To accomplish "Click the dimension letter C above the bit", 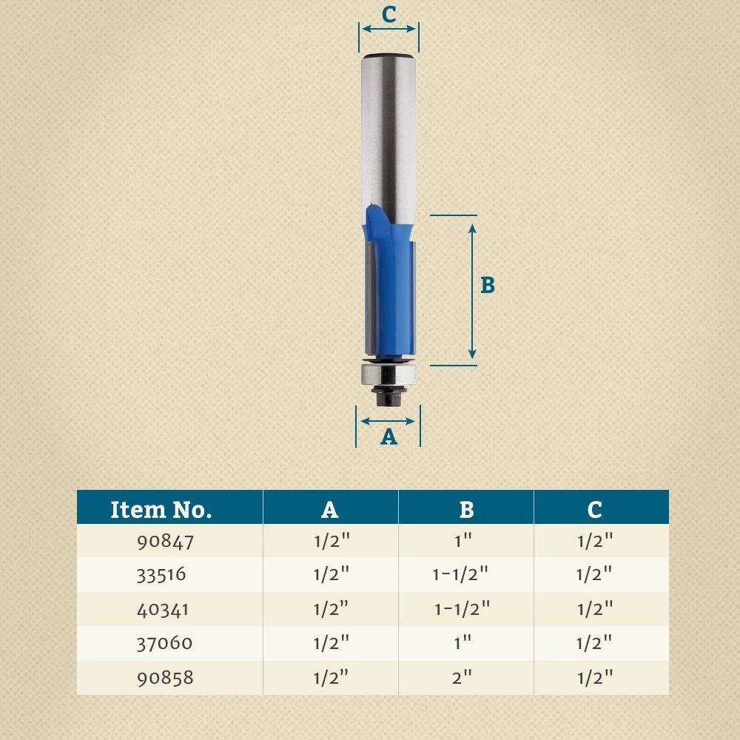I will [388, 14].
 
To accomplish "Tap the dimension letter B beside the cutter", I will [487, 286].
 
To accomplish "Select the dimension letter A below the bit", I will [388, 437].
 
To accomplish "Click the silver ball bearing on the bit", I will [388, 372].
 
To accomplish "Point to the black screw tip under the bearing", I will [388, 397].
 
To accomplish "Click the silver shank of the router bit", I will [388, 133].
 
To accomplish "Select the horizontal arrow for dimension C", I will [388, 30].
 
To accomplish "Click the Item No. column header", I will [161, 509].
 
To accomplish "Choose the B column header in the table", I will [465, 509].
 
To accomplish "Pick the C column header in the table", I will [594, 509].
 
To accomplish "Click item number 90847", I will [165, 542].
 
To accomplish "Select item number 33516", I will [161, 575].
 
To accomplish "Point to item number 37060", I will [164, 643].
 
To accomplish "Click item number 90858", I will [165, 677].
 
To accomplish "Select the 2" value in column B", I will [462, 677].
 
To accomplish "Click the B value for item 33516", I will [461, 575].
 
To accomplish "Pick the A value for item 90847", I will [331, 542].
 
